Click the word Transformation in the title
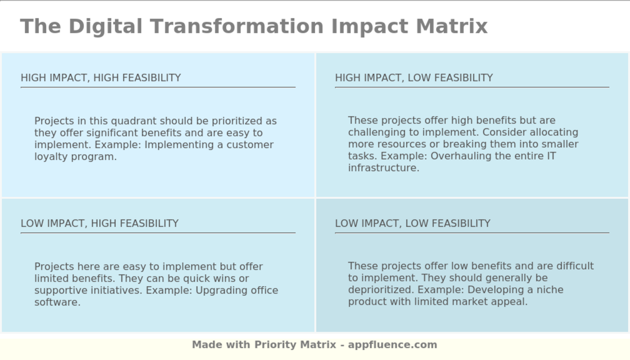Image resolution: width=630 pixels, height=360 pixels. click(237, 27)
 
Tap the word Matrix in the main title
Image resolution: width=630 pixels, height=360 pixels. click(452, 27)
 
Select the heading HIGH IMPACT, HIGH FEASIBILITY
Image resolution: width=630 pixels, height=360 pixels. click(101, 77)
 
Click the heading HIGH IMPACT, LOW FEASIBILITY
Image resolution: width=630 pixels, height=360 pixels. click(414, 77)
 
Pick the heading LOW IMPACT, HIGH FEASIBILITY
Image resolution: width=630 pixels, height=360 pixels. click(99, 223)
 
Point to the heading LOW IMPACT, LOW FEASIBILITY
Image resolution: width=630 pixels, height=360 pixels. click(413, 223)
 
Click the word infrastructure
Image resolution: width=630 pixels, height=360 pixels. click(383, 168)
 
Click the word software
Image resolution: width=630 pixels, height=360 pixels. click(58, 302)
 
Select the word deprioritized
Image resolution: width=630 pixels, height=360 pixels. click(381, 290)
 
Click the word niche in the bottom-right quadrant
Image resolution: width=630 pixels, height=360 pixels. click(550, 290)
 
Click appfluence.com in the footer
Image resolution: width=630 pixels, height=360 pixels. click(392, 345)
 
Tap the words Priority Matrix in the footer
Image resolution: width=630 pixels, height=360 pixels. click(295, 345)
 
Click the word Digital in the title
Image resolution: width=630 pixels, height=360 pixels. click(105, 27)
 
